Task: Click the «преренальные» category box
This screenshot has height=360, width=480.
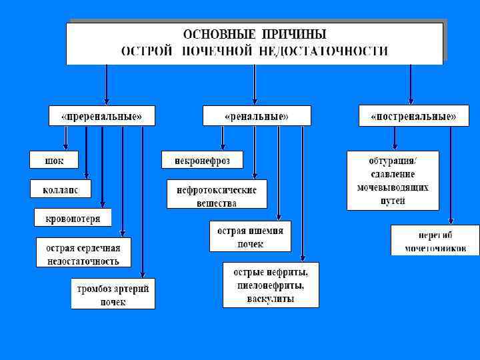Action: (x=102, y=116)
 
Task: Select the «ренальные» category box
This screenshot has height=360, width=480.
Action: (x=257, y=116)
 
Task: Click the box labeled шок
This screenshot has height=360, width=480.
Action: (x=53, y=160)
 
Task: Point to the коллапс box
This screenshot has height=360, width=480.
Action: (x=60, y=189)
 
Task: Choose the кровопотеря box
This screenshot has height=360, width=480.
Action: (x=73, y=218)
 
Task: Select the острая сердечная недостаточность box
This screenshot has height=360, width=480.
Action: (x=83, y=254)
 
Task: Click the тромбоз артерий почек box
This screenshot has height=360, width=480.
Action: (x=113, y=294)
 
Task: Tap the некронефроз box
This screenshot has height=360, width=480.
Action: (x=202, y=160)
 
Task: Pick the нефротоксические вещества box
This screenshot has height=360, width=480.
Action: (x=217, y=195)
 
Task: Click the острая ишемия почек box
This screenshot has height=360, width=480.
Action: (x=250, y=237)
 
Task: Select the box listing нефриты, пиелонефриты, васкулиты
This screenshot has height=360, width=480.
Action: (x=271, y=285)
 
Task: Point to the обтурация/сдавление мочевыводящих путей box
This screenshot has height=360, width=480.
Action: (x=393, y=180)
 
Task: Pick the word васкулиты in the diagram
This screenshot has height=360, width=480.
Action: (x=271, y=299)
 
